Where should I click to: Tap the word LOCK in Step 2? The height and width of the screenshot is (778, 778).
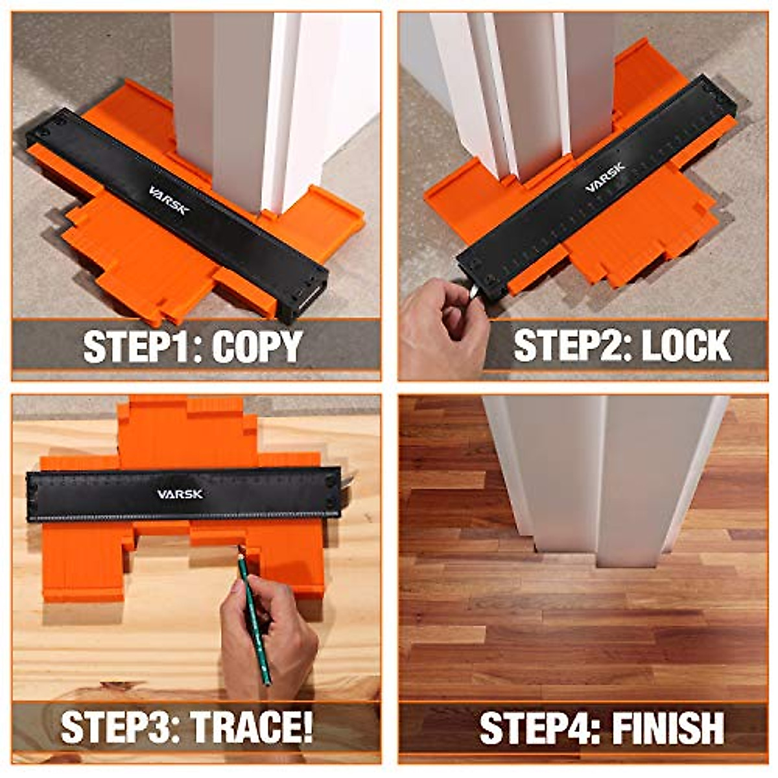click(686, 346)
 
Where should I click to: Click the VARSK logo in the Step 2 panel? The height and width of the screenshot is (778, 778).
click(606, 178)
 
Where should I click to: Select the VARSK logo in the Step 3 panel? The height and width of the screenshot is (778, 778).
click(180, 494)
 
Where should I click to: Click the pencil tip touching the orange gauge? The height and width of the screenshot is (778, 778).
click(240, 549)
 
